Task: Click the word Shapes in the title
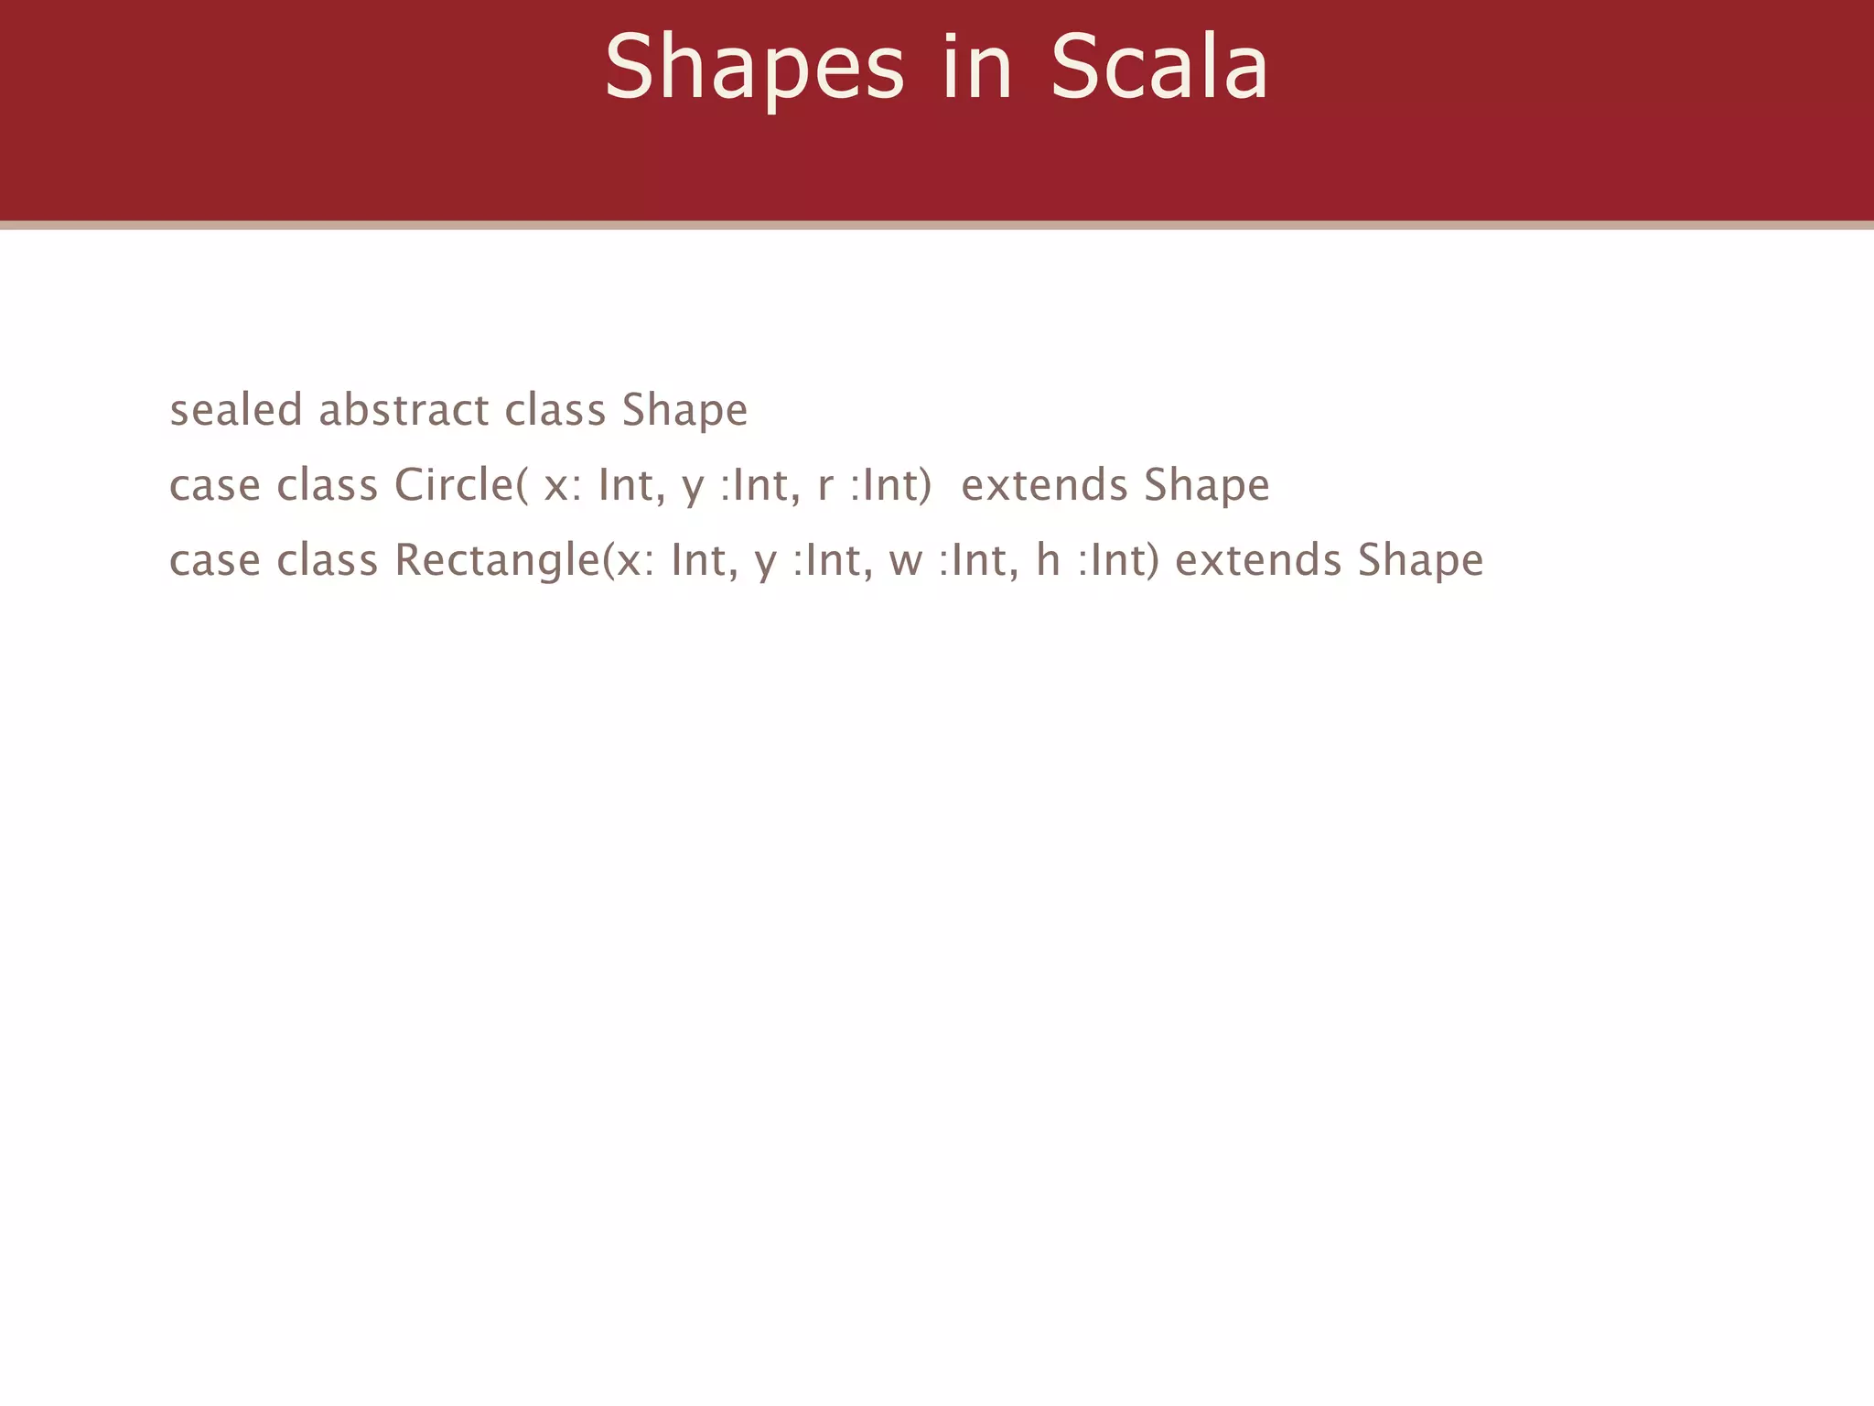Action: pos(754,68)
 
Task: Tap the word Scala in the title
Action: pos(1159,68)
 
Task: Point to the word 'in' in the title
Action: pos(977,68)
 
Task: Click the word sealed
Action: pos(236,409)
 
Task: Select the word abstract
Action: pos(404,409)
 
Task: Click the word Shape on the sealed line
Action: pos(684,411)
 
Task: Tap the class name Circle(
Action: pos(461,484)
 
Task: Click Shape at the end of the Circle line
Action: pos(1207,486)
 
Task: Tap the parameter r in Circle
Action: pos(824,486)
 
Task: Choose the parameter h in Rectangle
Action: pos(1048,560)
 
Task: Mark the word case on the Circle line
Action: pos(215,486)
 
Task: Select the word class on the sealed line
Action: pos(555,409)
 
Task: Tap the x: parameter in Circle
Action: pos(562,486)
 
